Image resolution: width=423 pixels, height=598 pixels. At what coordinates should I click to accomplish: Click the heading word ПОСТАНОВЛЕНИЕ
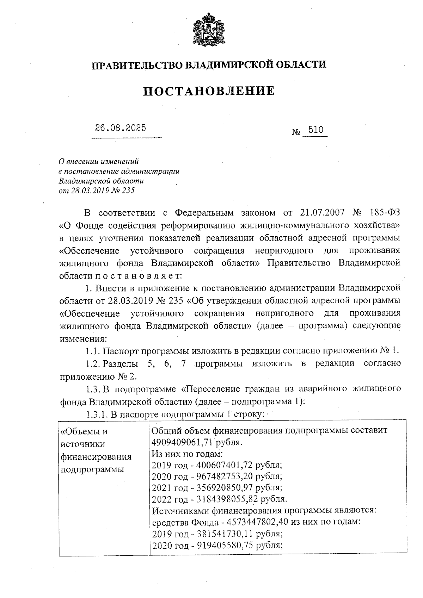point(209,91)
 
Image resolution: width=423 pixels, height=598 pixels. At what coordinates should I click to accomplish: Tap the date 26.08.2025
point(120,128)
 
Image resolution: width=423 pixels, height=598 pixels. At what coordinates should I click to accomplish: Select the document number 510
point(315,130)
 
